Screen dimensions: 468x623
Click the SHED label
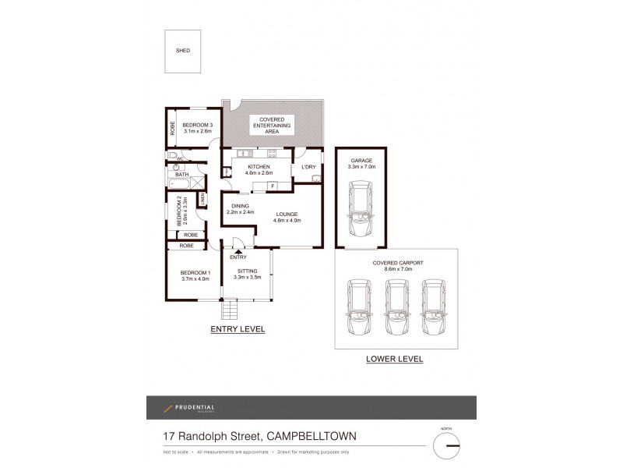click(182, 51)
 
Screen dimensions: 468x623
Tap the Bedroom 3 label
click(198, 128)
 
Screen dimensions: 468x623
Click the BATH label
click(181, 175)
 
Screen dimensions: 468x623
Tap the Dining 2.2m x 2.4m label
click(240, 208)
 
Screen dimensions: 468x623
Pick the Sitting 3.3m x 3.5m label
click(246, 274)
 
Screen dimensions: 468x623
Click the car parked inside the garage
click(360, 210)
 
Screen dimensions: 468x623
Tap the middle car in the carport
click(396, 306)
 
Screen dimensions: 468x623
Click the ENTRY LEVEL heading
click(238, 330)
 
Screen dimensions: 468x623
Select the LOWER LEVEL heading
click(394, 360)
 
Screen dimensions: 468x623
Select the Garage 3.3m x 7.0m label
click(362, 163)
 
